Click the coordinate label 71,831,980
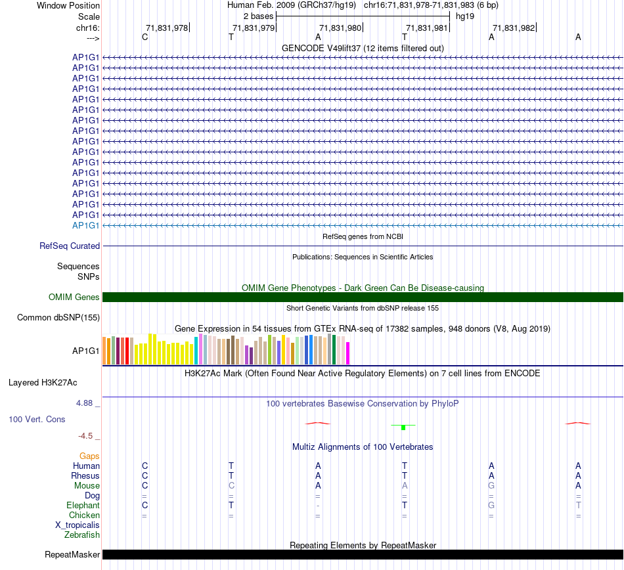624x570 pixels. tap(340, 28)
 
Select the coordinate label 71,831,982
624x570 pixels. tap(513, 28)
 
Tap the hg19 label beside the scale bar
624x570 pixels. tap(465, 16)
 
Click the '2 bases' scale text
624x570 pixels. tap(258, 16)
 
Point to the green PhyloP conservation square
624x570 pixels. tap(403, 427)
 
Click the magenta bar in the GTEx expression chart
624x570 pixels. tap(347, 353)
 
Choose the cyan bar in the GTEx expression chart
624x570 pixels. tap(196, 351)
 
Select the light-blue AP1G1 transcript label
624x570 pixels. tap(86, 225)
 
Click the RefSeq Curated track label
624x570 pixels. tap(70, 246)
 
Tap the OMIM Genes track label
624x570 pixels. tap(74, 297)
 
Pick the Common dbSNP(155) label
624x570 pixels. tap(58, 318)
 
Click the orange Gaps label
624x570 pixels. tap(89, 456)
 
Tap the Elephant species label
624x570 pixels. tap(83, 506)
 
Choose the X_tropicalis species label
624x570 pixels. tap(78, 525)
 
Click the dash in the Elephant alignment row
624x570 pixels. tap(318, 506)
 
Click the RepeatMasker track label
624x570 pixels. tap(72, 555)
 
